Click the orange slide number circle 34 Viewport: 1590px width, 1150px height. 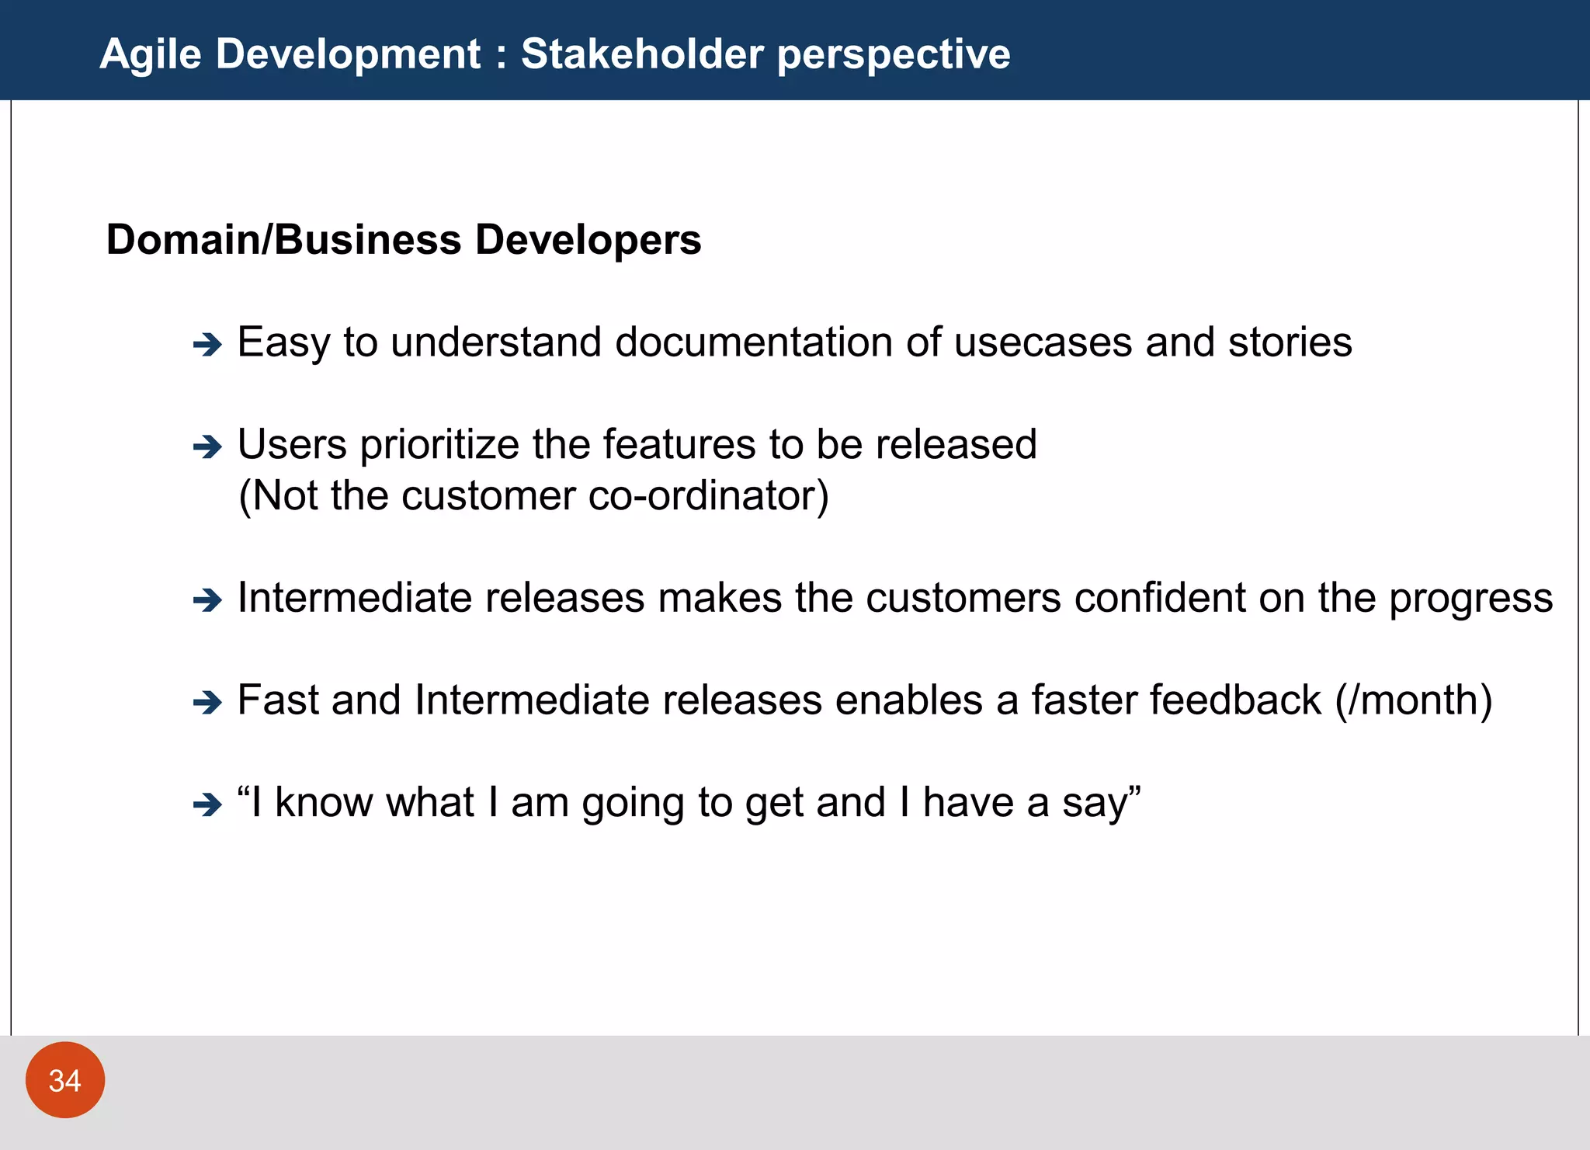tap(65, 1080)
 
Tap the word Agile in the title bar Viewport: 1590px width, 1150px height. tap(151, 54)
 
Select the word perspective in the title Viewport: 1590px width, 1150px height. tap(894, 55)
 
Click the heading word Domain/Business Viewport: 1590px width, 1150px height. tap(284, 239)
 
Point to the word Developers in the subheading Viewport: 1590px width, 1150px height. tap(588, 239)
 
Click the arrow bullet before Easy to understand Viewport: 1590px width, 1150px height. tap(207, 344)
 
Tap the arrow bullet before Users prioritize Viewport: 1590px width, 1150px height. tap(207, 446)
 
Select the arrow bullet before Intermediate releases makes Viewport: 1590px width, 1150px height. tap(207, 599)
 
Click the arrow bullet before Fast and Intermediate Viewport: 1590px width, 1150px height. tap(207, 702)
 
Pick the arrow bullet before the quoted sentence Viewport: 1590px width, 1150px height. tap(207, 804)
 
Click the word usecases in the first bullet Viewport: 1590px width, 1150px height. tap(1043, 342)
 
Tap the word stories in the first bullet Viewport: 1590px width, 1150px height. tap(1290, 342)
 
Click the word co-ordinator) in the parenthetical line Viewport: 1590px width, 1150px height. tap(709, 495)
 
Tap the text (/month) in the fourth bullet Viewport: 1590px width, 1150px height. tap(1413, 700)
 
